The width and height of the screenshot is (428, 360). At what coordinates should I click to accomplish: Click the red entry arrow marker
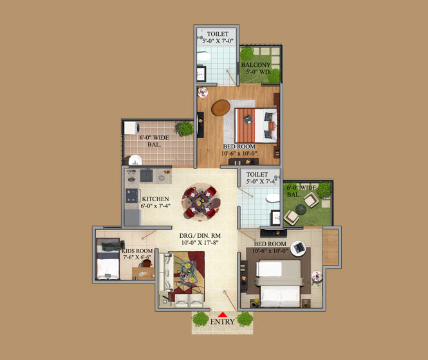click(223, 314)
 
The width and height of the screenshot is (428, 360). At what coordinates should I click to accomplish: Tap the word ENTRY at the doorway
click(223, 322)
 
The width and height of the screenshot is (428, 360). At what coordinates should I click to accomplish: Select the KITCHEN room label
click(155, 199)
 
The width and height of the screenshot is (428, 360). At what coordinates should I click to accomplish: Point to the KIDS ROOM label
click(137, 251)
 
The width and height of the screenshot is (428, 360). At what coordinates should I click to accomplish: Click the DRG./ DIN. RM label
click(200, 236)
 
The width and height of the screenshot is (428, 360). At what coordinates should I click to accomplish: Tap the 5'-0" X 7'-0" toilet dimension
click(218, 41)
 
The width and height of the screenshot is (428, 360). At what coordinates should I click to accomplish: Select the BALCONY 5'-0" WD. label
click(256, 68)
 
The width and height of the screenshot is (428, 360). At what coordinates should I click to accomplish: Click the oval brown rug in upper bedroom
click(221, 107)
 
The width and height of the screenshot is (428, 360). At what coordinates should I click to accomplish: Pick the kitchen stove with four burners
click(131, 196)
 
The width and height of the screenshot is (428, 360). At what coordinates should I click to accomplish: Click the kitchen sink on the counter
click(146, 175)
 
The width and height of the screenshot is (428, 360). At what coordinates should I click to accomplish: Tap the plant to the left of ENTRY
click(201, 319)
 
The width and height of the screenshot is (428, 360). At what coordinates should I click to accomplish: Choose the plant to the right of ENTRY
click(245, 319)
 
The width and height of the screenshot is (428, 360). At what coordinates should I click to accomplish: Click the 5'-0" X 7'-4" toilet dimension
click(262, 181)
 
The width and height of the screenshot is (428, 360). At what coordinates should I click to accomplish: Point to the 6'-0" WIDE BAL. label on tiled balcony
click(154, 141)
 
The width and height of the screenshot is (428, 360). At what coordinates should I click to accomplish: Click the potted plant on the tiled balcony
click(185, 129)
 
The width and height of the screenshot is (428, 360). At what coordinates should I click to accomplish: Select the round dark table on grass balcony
click(301, 209)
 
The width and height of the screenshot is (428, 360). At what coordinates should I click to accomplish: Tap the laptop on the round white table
click(299, 248)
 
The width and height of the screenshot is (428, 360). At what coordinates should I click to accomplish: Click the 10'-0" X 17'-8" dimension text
click(200, 242)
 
